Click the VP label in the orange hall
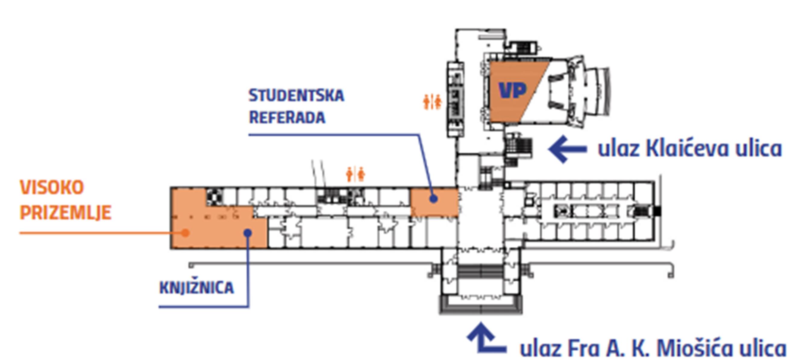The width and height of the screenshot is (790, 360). coord(513,90)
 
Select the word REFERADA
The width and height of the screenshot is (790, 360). coord(287,117)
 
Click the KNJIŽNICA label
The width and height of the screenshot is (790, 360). coord(196,288)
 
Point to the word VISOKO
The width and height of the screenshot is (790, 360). coord(52,187)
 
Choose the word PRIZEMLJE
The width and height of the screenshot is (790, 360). coord(65,213)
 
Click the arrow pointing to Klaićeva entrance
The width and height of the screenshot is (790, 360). coord(568,149)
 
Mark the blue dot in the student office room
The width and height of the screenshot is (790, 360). coord(433,199)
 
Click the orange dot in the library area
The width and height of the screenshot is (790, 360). coord(185,233)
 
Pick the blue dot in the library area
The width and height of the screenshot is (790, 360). coord(248,233)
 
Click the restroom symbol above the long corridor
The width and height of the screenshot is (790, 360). coord(356,174)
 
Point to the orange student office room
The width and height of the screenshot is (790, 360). coord(434,203)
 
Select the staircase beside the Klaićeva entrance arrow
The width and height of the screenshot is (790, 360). coord(519,147)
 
